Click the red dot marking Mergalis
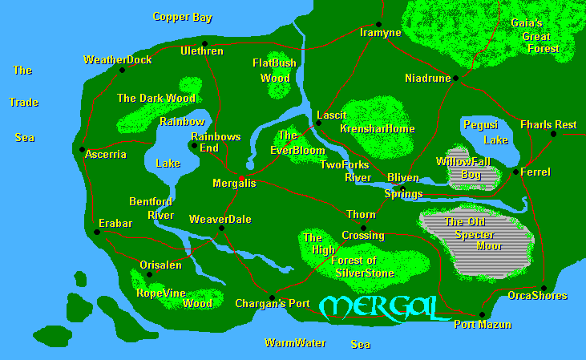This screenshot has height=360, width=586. pos(241,176)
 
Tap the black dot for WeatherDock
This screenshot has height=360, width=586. pos(122,70)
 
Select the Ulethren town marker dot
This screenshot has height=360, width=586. pos(205,43)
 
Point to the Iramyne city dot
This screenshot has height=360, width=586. pos(379,24)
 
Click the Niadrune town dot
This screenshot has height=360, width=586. pos(455,78)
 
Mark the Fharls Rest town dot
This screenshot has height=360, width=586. pos(553,134)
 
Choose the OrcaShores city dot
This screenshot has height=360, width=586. pos(543,288)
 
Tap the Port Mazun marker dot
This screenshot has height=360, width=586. pos(482,314)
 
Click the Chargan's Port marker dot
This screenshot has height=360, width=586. pos(272,297)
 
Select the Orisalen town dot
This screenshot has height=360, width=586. pos(149,274)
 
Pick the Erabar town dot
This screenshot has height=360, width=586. pos(96,232)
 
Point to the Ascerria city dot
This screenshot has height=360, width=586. pos(82,149)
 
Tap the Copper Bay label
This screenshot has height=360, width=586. pos(182,17)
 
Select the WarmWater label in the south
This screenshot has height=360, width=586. pos(295,343)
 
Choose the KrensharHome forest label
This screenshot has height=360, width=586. pos(377,129)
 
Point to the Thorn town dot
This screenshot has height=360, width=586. pos(363,228)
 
